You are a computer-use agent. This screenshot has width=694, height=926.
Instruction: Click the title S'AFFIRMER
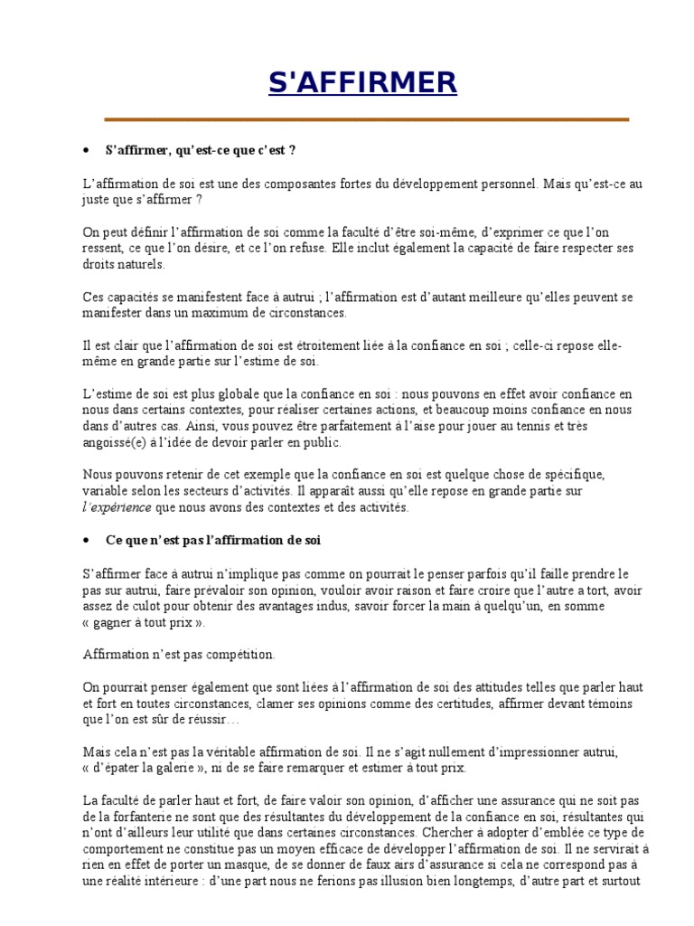[x=362, y=83]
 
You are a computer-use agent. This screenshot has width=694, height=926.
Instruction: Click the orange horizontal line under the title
[x=366, y=118]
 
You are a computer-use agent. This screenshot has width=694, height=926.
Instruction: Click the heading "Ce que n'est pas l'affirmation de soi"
[x=212, y=540]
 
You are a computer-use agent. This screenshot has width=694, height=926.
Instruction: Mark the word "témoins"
[x=605, y=703]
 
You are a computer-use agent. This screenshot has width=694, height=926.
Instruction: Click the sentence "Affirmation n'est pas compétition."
[x=179, y=653]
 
